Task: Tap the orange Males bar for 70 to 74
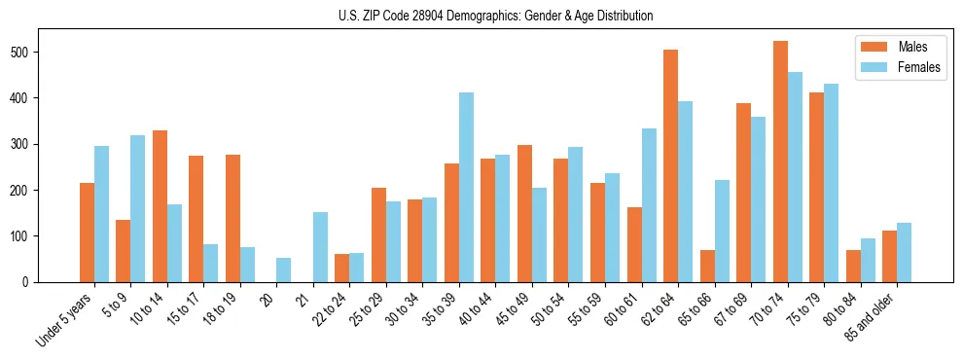click(x=780, y=162)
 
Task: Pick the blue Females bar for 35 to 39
click(x=466, y=187)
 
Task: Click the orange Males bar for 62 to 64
click(x=670, y=165)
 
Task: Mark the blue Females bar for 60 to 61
click(x=649, y=205)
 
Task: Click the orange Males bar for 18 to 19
click(x=232, y=218)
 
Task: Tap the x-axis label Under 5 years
click(x=65, y=318)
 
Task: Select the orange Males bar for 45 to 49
click(x=524, y=213)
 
